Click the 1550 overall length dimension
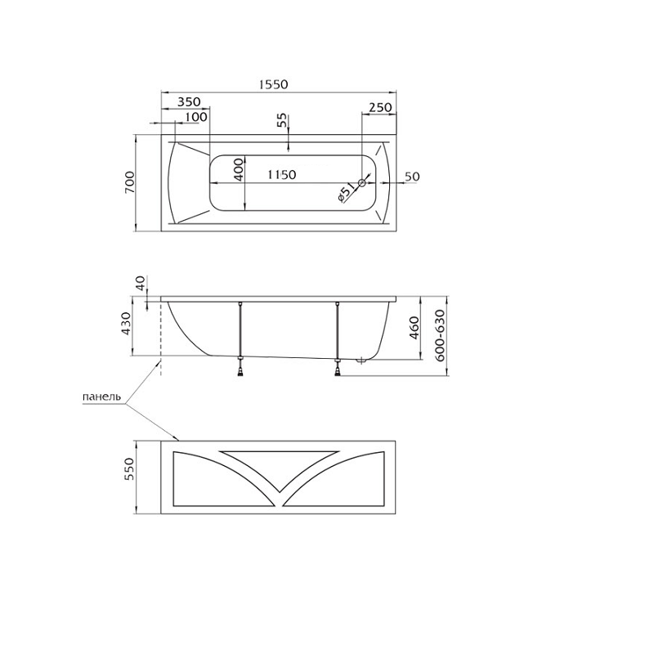pos(273,84)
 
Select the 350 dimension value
pos(189,101)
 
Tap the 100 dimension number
pos(196,117)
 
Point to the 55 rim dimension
pos(283,120)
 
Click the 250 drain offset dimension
pos(380,108)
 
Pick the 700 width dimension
pos(130,181)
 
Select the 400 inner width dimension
pos(238,169)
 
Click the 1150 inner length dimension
pos(281,174)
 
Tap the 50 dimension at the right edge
pos(412,177)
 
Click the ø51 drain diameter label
pos(346,193)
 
